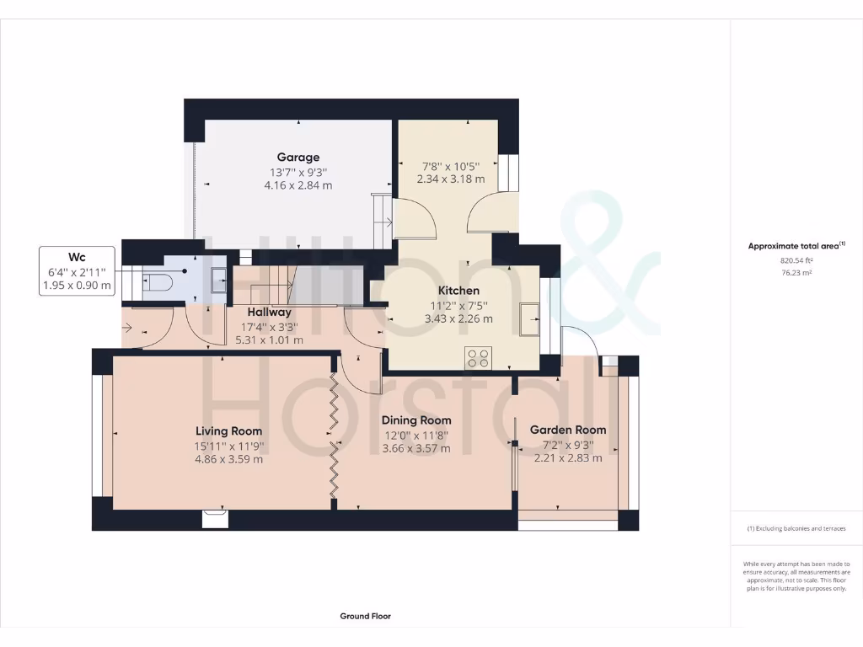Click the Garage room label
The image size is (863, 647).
coord(298,157)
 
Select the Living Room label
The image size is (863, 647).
coord(229,431)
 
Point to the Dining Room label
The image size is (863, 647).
coord(416,420)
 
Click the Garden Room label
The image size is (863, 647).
coord(567,430)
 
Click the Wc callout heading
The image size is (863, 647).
coord(77,257)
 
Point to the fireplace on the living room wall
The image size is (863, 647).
coord(215,517)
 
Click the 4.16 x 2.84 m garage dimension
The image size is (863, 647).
coord(298,185)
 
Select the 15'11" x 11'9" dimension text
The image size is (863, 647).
coord(229,446)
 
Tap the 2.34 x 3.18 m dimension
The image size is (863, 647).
coord(451,179)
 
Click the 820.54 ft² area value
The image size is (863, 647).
coord(796,261)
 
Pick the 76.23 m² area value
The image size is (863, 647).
coord(796,273)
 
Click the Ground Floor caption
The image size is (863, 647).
coord(365,616)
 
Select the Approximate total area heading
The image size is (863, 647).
coord(796,246)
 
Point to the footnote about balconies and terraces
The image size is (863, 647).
coord(796,529)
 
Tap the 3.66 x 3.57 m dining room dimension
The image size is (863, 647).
coord(416,449)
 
